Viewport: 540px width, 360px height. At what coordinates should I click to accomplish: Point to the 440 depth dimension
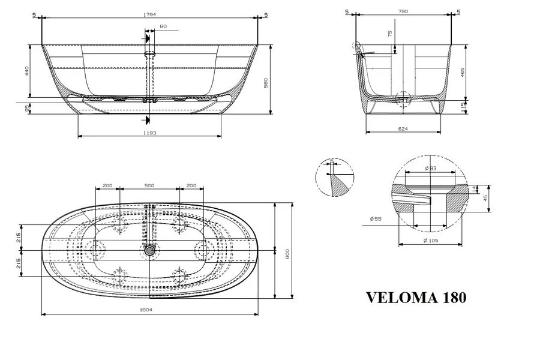(x=26, y=71)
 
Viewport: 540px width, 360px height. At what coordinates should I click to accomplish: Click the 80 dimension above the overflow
(x=164, y=26)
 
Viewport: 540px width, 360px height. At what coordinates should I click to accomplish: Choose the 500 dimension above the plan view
(x=149, y=186)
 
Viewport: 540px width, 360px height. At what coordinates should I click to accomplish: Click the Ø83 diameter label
(x=430, y=168)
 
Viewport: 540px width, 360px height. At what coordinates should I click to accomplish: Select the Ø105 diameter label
(x=430, y=240)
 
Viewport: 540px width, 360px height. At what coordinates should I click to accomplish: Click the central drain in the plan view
(x=149, y=252)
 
